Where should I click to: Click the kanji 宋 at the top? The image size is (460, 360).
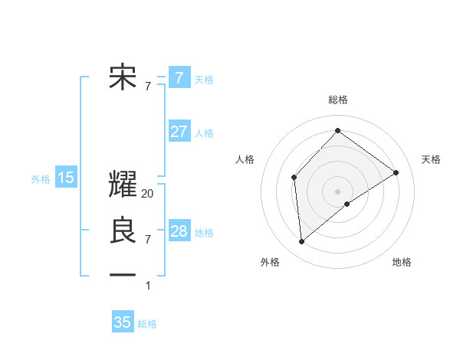point(123,77)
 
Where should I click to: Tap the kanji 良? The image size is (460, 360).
point(123,231)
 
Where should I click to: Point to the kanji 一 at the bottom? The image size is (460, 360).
point(123,275)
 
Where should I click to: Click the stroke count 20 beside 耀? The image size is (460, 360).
point(148,194)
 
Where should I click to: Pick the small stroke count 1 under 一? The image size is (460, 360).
point(148,286)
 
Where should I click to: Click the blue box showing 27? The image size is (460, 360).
point(179,132)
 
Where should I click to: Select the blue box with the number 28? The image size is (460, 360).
point(179,231)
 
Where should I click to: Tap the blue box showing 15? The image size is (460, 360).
point(66,178)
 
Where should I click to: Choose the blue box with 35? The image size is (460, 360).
point(123,322)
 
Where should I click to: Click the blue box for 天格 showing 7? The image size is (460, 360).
point(179,77)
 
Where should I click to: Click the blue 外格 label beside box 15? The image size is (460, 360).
point(41,179)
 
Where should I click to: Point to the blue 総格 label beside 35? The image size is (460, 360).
point(147,323)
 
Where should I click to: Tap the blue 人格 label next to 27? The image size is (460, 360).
point(204,133)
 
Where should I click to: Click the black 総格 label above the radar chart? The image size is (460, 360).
point(337,100)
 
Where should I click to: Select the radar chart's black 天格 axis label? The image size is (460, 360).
point(431,159)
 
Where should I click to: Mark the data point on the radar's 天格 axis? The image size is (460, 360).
point(396,172)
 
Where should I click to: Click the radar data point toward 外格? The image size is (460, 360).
point(302,242)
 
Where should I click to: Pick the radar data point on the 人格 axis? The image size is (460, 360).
point(294,178)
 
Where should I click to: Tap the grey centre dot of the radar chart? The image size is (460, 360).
point(337,191)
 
